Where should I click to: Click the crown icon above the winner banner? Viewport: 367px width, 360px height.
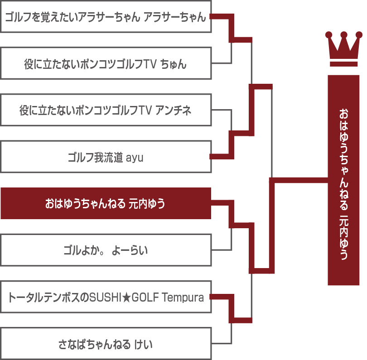(343, 48)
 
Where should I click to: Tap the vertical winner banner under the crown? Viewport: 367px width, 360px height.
(343, 180)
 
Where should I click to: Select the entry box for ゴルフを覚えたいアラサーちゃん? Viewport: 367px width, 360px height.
(106, 16)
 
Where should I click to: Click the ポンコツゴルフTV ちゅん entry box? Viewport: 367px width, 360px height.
(106, 63)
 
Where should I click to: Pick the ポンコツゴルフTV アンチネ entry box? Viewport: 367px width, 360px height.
(106, 110)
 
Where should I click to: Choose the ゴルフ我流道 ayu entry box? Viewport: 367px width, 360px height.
(106, 157)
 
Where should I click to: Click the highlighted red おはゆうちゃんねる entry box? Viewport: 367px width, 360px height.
(106, 203)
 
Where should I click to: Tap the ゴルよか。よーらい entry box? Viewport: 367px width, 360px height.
(106, 250)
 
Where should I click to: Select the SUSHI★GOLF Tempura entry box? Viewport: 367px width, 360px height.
(106, 297)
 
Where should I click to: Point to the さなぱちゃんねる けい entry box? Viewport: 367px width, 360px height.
(106, 344)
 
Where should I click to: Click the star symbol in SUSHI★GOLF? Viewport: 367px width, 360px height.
(126, 298)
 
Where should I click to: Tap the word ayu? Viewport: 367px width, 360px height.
(135, 158)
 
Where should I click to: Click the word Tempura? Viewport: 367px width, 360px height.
(183, 298)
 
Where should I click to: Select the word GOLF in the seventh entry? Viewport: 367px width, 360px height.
(145, 298)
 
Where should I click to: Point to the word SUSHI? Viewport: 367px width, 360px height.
(106, 298)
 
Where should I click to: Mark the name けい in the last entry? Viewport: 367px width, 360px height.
(143, 344)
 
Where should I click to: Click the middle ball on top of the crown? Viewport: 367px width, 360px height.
(344, 34)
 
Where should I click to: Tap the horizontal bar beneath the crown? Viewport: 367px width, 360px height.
(343, 64)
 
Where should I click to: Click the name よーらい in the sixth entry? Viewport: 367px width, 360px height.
(130, 250)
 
